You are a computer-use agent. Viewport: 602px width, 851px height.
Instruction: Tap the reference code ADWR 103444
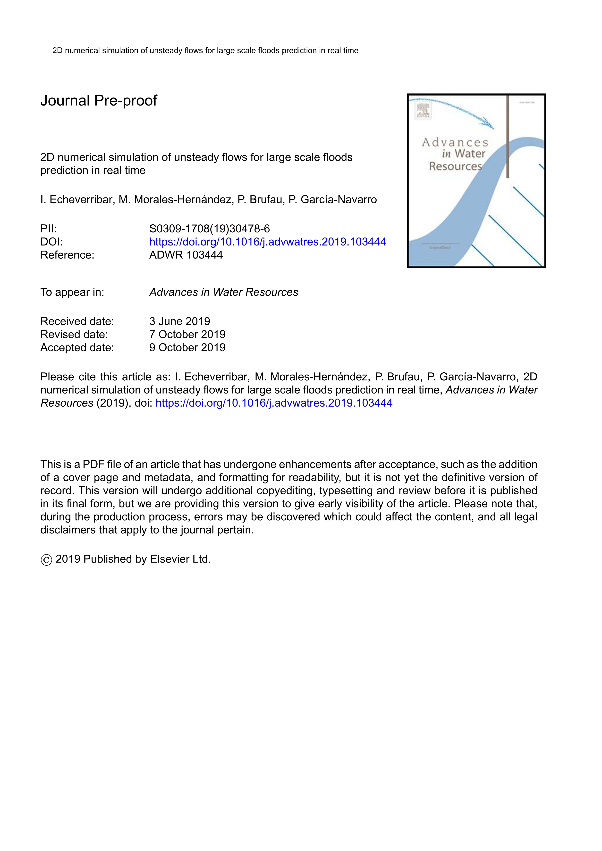click(x=186, y=255)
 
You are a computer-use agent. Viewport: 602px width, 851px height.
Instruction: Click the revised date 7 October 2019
click(x=187, y=334)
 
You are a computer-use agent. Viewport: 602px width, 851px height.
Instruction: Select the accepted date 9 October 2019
click(x=187, y=347)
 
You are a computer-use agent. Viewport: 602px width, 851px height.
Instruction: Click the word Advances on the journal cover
click(x=455, y=142)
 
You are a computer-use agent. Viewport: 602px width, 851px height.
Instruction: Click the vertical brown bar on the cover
click(x=508, y=137)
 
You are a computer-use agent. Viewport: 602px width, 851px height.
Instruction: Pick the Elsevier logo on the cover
click(x=423, y=110)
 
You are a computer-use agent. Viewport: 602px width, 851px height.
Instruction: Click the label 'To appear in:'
click(x=72, y=292)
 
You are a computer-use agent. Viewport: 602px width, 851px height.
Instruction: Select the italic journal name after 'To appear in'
click(x=224, y=292)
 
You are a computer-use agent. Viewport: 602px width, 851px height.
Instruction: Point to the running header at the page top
click(x=205, y=50)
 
